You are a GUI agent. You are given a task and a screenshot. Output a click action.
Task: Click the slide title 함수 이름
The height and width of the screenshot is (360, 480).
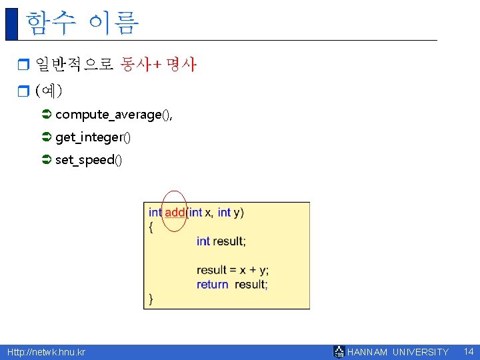pyautogui.click(x=82, y=23)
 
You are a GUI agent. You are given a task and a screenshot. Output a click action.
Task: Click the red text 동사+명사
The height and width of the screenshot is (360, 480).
pyautogui.click(x=159, y=65)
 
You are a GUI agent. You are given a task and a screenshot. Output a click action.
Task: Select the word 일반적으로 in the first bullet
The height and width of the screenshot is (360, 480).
pyautogui.click(x=74, y=65)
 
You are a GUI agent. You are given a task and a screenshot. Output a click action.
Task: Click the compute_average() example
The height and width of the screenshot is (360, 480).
pyautogui.click(x=113, y=115)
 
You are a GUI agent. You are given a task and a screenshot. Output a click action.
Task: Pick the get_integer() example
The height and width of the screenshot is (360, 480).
pyautogui.click(x=93, y=137)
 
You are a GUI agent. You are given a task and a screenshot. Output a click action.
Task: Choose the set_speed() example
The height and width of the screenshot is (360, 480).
pyautogui.click(x=89, y=160)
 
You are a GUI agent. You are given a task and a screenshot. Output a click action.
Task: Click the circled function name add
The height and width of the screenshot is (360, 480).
pyautogui.click(x=175, y=212)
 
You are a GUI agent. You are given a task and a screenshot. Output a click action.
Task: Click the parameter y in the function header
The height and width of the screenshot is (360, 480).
pyautogui.click(x=239, y=212)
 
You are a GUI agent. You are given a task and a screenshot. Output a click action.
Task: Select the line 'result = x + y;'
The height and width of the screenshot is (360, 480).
pyautogui.click(x=232, y=270)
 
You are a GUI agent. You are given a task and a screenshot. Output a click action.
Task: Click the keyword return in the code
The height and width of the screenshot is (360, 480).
pyautogui.click(x=212, y=284)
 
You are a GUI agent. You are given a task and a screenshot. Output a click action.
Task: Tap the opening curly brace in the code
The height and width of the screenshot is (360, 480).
pyautogui.click(x=151, y=227)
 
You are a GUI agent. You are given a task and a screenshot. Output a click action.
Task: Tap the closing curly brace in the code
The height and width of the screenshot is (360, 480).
pyautogui.click(x=151, y=299)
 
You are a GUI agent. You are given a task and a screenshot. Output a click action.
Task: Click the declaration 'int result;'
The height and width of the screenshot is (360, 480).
pyautogui.click(x=221, y=241)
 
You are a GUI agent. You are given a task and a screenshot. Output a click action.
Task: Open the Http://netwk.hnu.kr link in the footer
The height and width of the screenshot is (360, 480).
pyautogui.click(x=46, y=352)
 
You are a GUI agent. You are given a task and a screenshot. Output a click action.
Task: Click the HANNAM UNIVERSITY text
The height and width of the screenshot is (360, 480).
pyautogui.click(x=398, y=352)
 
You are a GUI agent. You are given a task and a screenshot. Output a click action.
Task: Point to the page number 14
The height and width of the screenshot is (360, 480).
pyautogui.click(x=468, y=351)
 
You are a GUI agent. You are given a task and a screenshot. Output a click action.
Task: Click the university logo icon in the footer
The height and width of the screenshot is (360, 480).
pyautogui.click(x=339, y=351)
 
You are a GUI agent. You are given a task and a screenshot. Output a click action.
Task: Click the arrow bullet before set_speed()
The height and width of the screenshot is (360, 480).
pyautogui.click(x=46, y=160)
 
